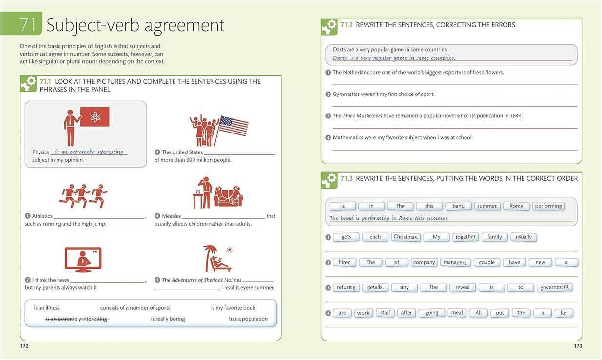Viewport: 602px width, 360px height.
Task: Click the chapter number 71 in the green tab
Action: [27, 25]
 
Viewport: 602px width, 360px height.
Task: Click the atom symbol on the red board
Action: [95, 116]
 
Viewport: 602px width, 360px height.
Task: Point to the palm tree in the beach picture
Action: [210, 257]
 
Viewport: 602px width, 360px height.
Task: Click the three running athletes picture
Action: [83, 196]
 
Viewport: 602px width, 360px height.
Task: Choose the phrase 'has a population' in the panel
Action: [248, 319]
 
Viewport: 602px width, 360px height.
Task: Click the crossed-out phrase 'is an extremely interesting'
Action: [78, 319]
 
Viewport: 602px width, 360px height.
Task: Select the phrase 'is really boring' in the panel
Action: [168, 319]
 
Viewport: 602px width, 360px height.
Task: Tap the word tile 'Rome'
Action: [516, 206]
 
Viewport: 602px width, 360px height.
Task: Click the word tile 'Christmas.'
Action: [406, 237]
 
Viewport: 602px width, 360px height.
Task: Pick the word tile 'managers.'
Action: [455, 262]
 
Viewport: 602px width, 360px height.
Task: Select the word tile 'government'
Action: [554, 287]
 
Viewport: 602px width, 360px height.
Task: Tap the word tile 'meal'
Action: [457, 313]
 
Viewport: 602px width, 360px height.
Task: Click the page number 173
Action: [578, 346]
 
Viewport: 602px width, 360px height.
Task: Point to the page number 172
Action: [24, 346]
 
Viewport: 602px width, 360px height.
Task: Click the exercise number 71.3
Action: [347, 178]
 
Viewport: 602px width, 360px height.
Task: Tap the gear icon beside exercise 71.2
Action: [329, 27]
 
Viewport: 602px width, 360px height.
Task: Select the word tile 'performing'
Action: [548, 206]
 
